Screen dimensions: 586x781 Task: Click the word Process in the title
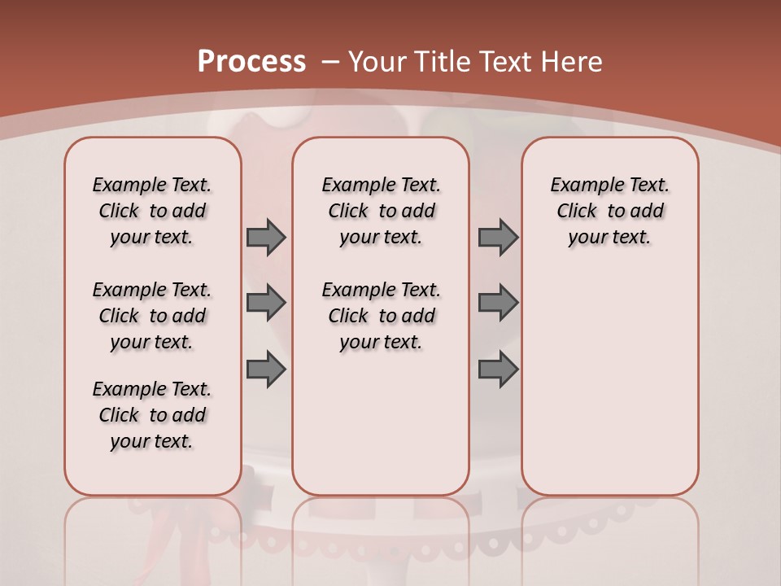[x=251, y=62]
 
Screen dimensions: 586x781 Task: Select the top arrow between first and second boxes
[x=266, y=237]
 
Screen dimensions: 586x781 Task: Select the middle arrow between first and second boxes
[x=266, y=303]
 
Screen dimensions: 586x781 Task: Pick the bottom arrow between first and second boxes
[x=266, y=370]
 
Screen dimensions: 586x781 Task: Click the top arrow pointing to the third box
[x=498, y=237]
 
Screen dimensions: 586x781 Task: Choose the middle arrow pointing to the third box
[x=498, y=303]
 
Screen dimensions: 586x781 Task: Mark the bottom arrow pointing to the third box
[x=498, y=370]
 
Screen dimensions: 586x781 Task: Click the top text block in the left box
[x=152, y=211]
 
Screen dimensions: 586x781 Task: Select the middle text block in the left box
[x=152, y=316]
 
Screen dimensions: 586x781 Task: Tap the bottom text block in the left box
[x=152, y=415]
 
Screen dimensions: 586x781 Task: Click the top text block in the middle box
[x=381, y=211]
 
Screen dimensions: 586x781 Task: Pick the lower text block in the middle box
[x=381, y=316]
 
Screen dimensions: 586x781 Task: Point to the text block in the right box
[x=610, y=211]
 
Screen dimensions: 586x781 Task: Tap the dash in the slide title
[x=330, y=62]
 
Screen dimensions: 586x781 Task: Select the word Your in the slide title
[x=378, y=62]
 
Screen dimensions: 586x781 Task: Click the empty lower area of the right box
[x=610, y=391]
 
